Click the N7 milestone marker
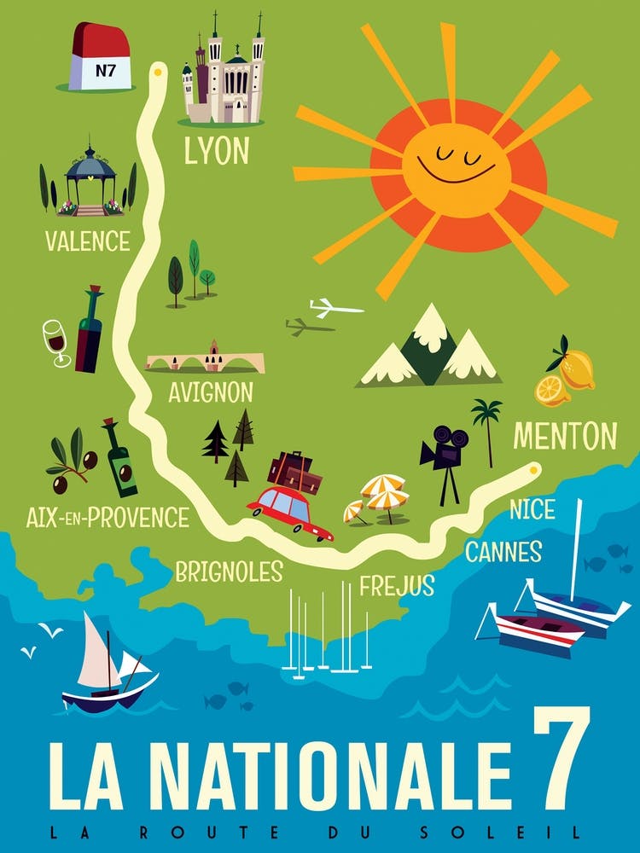point(102,58)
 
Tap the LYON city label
point(217,151)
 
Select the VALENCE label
point(88,241)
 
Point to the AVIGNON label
point(210,392)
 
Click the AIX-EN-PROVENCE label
point(106,516)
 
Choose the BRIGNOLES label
point(229,572)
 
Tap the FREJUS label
point(397,586)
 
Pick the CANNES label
point(503,552)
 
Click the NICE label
point(532,511)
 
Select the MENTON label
point(564,437)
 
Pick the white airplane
point(334,307)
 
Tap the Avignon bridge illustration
point(206,358)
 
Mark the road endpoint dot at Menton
point(534,467)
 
